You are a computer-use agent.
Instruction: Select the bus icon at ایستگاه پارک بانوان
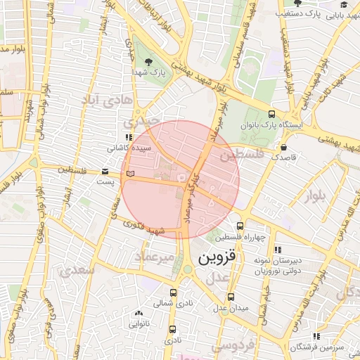tap(271, 114)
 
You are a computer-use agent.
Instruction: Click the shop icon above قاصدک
tap(283, 148)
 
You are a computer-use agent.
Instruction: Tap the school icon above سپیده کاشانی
tap(127, 138)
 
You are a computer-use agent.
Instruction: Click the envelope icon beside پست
tap(105, 171)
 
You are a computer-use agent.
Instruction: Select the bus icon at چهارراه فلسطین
tap(240, 226)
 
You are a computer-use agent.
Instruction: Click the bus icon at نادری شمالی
tap(173, 292)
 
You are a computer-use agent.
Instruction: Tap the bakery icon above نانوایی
tap(139, 314)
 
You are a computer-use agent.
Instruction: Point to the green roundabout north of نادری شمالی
tap(187, 270)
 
